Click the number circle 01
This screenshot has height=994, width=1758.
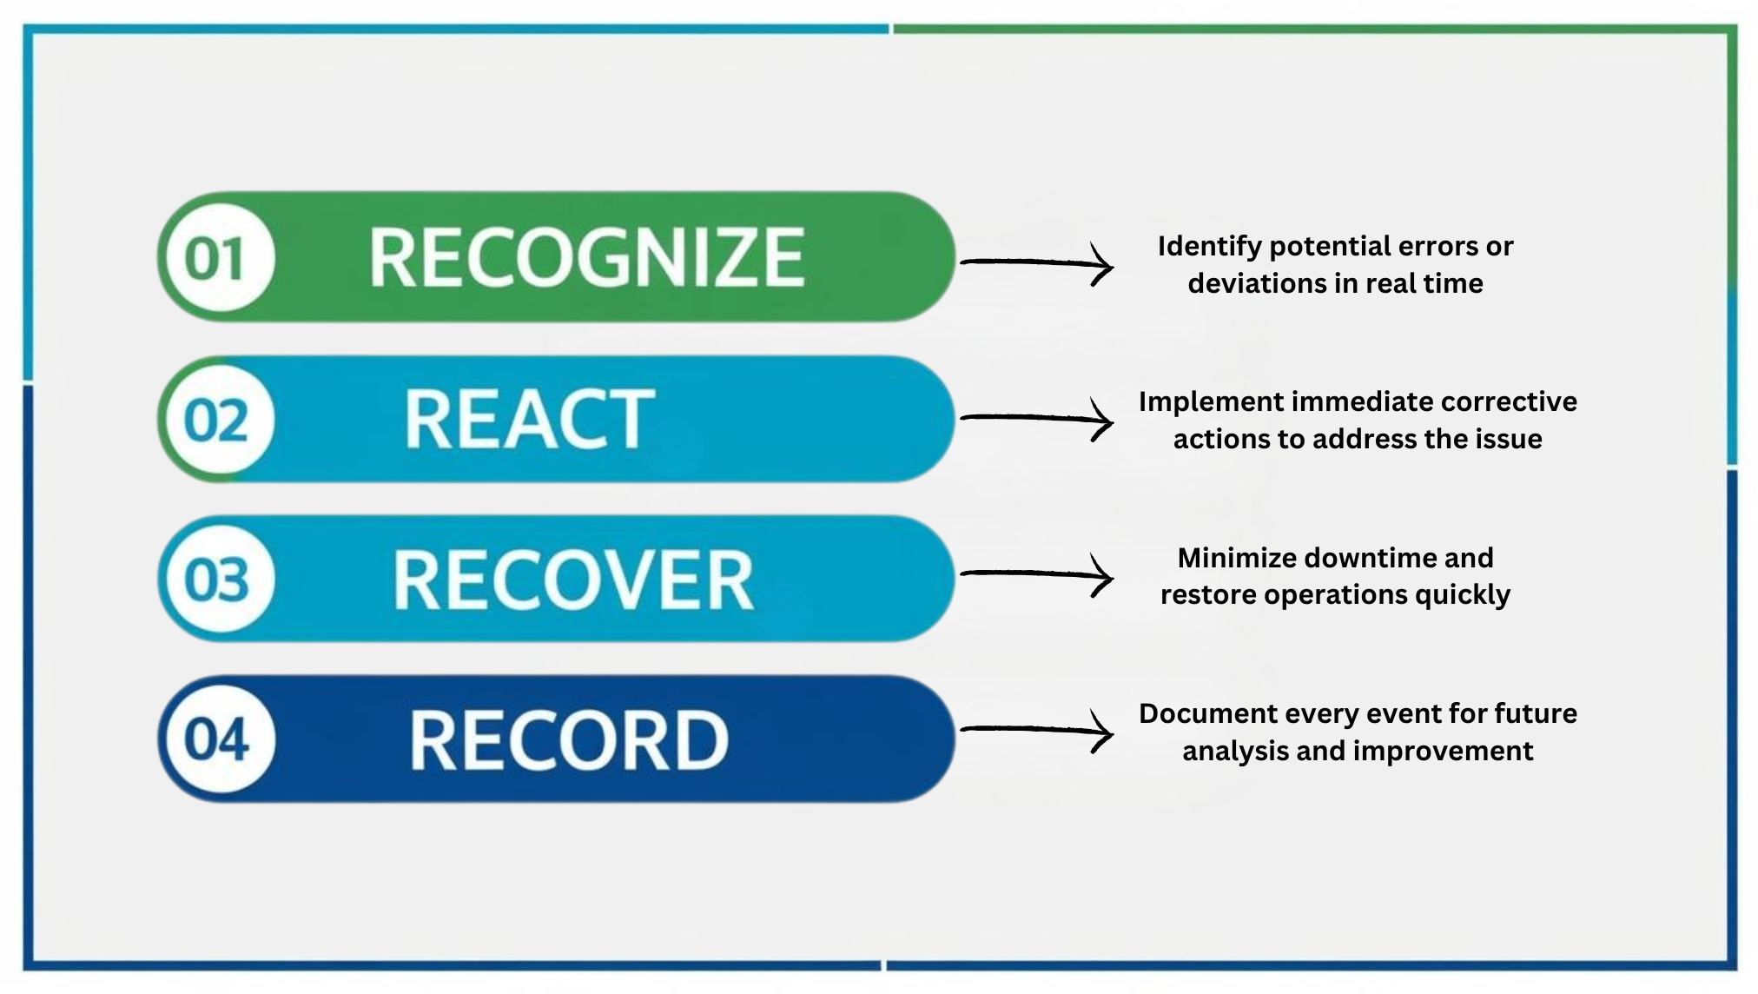coord(217,258)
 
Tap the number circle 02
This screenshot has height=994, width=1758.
coord(217,420)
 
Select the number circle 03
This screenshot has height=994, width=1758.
coord(217,580)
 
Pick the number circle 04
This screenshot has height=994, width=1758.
coord(217,739)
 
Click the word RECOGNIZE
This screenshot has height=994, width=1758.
coord(587,257)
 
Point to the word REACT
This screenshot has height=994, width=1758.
coord(529,420)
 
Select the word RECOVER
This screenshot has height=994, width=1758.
coord(573,580)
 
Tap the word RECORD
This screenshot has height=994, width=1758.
coord(569,740)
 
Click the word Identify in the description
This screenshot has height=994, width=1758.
coord(1209,247)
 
